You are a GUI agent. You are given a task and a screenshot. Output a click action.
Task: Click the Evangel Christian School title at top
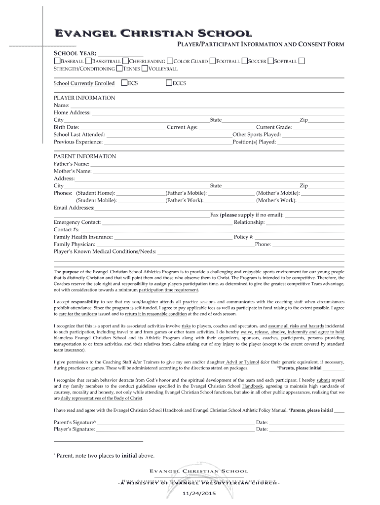[x=153, y=34]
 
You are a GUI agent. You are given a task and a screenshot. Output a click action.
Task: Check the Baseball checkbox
[x=57, y=61]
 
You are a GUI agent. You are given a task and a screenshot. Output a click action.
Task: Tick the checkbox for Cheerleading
[x=125, y=61]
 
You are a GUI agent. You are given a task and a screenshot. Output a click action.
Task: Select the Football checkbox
[x=213, y=61]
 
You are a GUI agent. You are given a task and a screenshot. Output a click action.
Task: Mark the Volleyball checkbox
[x=145, y=69]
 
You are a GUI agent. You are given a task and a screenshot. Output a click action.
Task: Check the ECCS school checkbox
[x=169, y=83]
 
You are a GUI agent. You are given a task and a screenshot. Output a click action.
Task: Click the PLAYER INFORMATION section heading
[x=84, y=98]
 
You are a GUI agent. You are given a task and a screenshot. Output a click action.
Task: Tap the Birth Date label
[x=66, y=127]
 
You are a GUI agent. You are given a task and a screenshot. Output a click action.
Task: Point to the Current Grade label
[x=273, y=127]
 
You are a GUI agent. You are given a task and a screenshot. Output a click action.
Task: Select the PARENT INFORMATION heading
[x=85, y=156]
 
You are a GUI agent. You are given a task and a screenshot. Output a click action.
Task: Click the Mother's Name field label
[x=73, y=171]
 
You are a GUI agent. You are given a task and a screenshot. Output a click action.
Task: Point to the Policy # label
[x=243, y=237]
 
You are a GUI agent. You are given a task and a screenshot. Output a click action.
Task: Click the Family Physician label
[x=74, y=244]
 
